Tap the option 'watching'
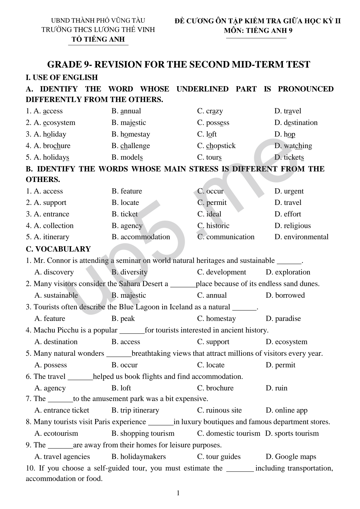click(x=298, y=146)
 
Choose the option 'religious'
click(x=297, y=225)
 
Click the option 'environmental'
click(x=306, y=237)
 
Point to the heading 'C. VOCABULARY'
click(x=58, y=249)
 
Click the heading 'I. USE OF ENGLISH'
click(x=62, y=77)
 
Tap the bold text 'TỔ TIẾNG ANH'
click(x=98, y=39)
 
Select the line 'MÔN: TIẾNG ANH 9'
click(x=258, y=30)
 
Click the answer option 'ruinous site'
click(x=224, y=410)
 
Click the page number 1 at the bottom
click(x=178, y=493)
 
